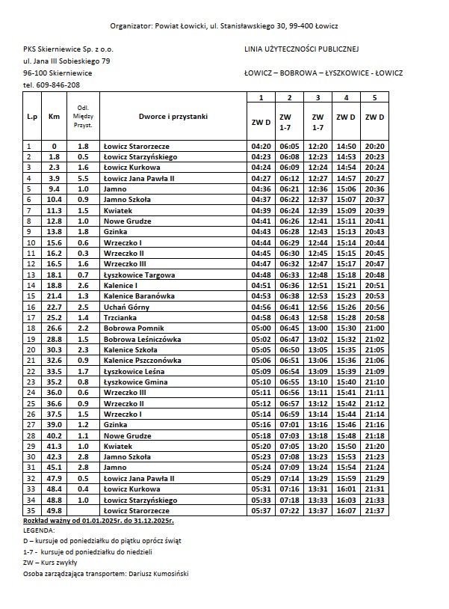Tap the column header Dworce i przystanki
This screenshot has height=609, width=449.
tap(173, 117)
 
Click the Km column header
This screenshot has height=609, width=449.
tap(54, 117)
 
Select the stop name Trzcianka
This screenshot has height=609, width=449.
tap(123, 317)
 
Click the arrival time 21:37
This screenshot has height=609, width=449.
tap(375, 510)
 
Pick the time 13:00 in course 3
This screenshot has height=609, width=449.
tap(318, 328)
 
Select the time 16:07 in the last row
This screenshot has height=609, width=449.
tap(346, 510)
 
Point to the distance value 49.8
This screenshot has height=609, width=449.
tap(54, 510)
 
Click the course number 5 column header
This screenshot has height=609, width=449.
tap(375, 98)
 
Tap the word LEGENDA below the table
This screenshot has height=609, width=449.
tap(40, 530)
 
